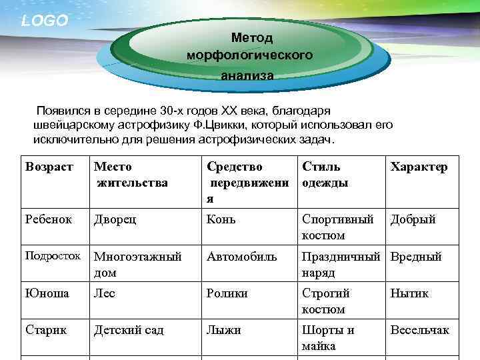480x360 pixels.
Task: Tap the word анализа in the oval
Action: (247, 76)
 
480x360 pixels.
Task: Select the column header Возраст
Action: (48, 167)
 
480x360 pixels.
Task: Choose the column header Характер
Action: (419, 167)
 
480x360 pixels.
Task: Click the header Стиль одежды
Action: (325, 175)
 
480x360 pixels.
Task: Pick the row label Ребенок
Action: (48, 219)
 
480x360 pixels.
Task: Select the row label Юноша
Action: (46, 293)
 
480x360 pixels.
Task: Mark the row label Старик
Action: (46, 330)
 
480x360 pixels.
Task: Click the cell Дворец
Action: (115, 219)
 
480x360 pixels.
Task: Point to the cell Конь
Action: (221, 219)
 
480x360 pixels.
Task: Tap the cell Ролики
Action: (227, 293)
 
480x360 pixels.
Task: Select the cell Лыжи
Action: (224, 330)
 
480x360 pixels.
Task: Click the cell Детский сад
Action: (129, 330)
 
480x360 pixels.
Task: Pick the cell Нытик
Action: (410, 293)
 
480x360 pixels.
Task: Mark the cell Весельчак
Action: (420, 330)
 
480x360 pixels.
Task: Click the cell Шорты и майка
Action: (328, 338)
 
